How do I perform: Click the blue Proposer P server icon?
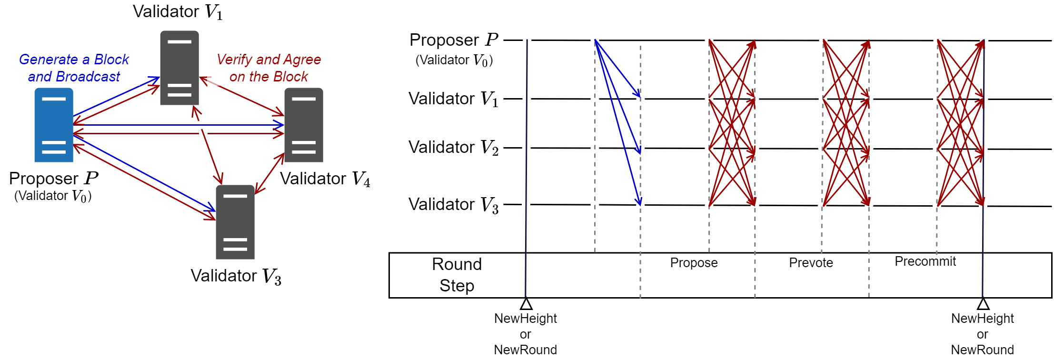pos(54,125)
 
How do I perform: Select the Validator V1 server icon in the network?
pos(179,68)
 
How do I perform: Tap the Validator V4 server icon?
pos(304,125)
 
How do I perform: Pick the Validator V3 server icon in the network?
pos(235,222)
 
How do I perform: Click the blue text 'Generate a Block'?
pos(74,60)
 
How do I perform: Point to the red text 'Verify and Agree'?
pos(268,60)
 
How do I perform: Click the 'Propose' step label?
pos(694,263)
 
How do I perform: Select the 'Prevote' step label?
pos(811,263)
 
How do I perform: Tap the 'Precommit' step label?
pos(925,261)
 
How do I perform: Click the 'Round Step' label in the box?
pos(457,275)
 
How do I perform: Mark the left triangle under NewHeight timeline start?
pos(526,304)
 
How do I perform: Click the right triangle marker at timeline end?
pos(983,304)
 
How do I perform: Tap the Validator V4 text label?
pos(325,179)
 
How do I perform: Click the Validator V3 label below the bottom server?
pos(236,276)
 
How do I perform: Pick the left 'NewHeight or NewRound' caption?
pos(526,334)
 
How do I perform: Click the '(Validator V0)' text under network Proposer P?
pos(53,196)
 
